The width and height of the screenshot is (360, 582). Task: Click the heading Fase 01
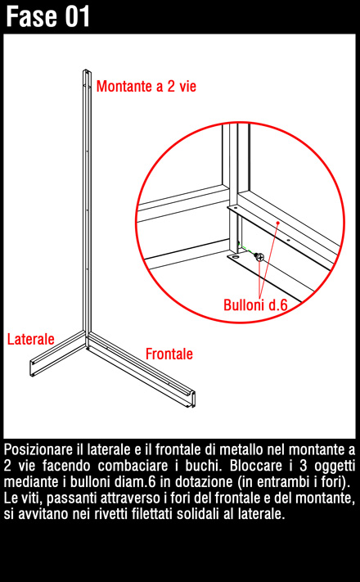point(48,16)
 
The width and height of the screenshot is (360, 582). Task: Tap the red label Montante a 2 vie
point(146,86)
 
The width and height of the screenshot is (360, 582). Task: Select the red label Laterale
point(31,339)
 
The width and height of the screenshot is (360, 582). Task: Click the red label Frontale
point(169,354)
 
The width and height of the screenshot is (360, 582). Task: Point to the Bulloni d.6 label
point(255,305)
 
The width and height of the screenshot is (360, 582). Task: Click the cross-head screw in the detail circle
point(260,257)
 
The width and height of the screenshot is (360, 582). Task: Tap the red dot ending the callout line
point(277,223)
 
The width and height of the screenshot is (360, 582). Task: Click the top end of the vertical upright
point(87,71)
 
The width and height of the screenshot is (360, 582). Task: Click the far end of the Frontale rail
point(192,399)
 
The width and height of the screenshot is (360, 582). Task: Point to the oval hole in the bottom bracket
point(235,257)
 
